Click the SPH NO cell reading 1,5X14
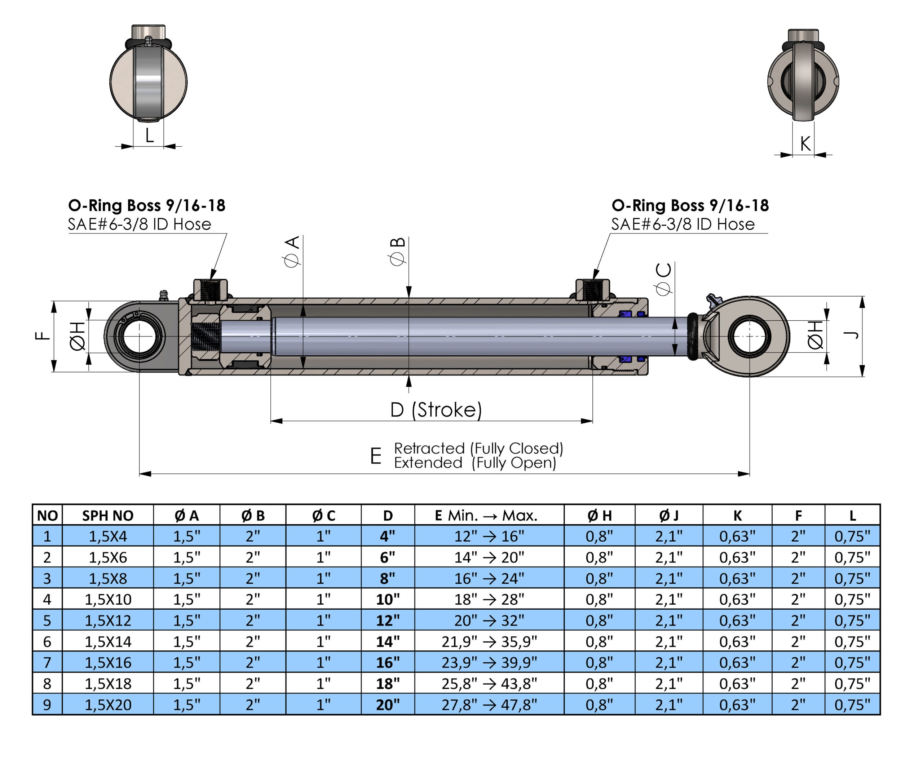point(108,642)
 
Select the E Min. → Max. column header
point(489,515)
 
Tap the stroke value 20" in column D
point(388,705)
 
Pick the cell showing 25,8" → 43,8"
point(489,684)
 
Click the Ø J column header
point(668,515)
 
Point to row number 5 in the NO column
point(47,621)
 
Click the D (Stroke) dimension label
point(436,410)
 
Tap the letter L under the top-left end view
point(149,136)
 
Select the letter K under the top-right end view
point(805,144)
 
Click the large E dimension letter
point(375,456)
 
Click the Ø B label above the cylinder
point(397,252)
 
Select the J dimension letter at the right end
point(851,335)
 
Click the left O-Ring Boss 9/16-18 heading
point(146,205)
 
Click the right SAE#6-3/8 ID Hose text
point(683,224)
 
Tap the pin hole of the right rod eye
point(749,337)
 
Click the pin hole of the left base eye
point(139,337)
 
